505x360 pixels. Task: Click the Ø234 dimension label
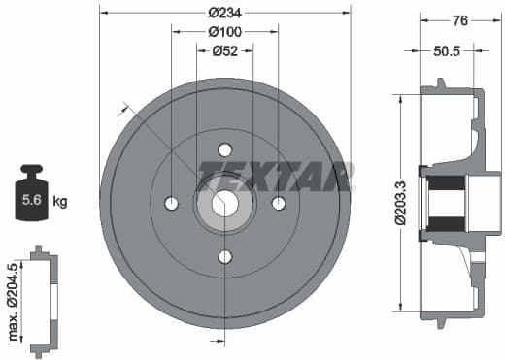click(x=225, y=13)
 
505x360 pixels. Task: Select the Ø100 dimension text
click(x=225, y=31)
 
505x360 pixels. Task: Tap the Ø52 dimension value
click(x=225, y=51)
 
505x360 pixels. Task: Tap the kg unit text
click(x=60, y=202)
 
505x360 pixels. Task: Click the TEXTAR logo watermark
click(x=274, y=177)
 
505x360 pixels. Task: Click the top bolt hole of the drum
click(x=225, y=149)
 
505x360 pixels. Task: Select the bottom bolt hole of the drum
click(x=225, y=256)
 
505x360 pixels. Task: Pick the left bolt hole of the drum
click(x=172, y=204)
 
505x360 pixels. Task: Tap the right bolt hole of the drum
click(x=279, y=204)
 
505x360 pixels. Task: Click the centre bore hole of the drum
click(x=225, y=204)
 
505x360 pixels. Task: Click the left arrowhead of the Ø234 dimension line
click(x=104, y=13)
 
